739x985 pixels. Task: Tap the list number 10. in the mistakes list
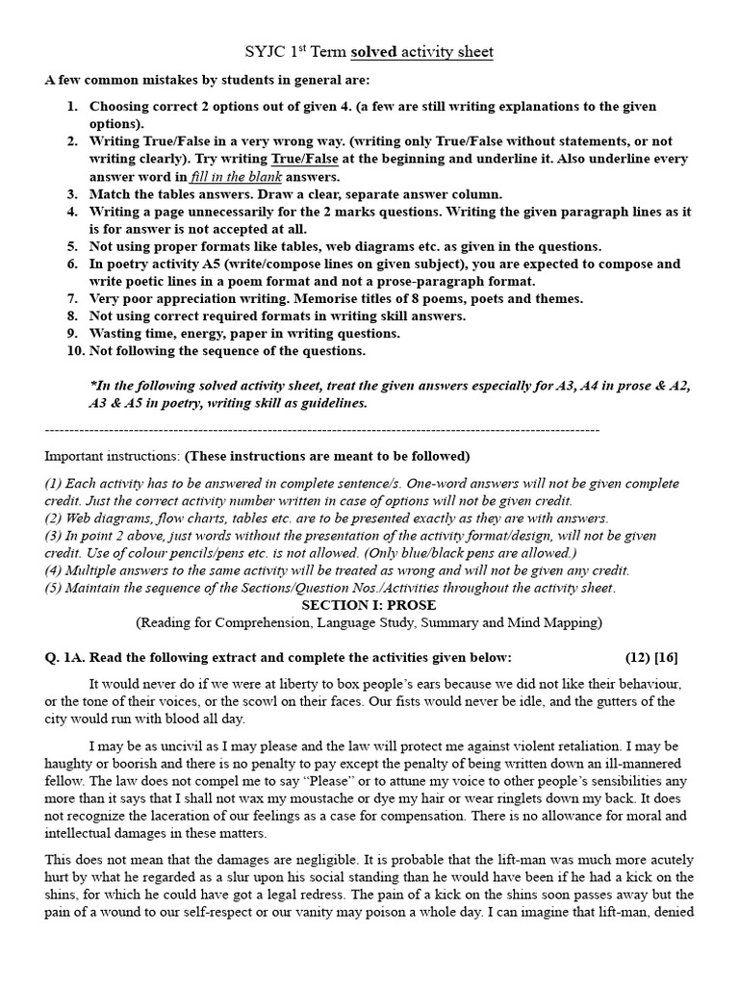pyautogui.click(x=76, y=351)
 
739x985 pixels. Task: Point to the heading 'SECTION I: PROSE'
pyautogui.click(x=369, y=605)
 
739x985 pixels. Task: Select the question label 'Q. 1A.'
pyautogui.click(x=65, y=657)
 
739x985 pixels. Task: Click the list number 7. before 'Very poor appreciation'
pyautogui.click(x=72, y=299)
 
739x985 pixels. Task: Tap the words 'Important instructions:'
pyautogui.click(x=112, y=455)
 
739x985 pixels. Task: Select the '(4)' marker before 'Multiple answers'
pyautogui.click(x=56, y=570)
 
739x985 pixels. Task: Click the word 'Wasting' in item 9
pyautogui.click(x=115, y=334)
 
